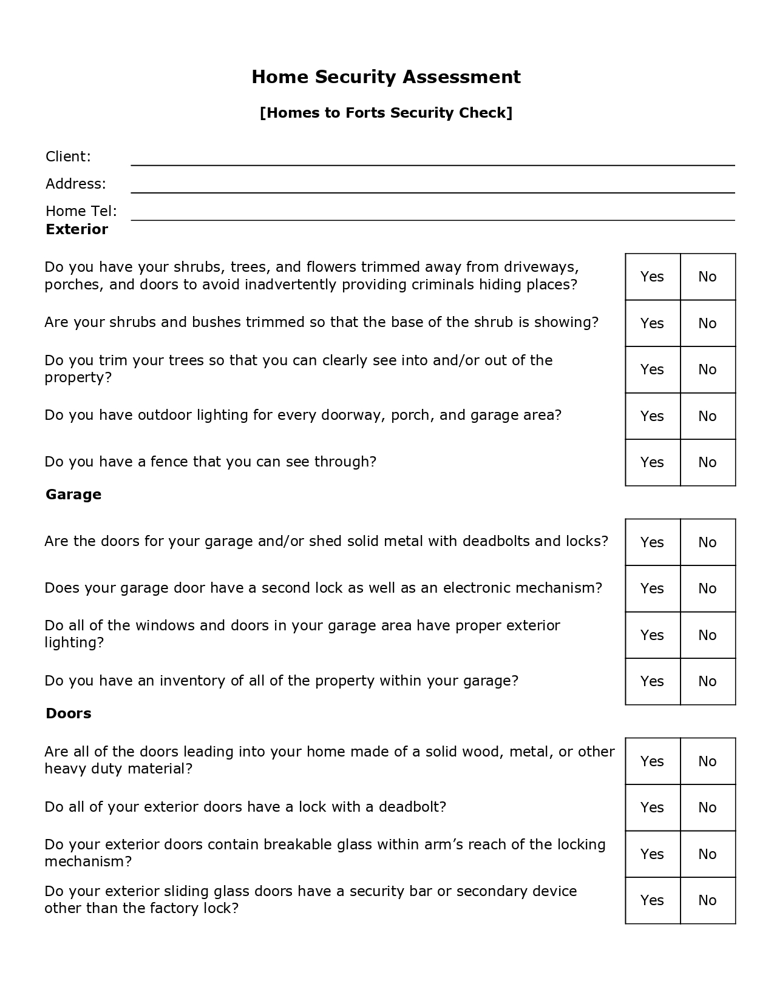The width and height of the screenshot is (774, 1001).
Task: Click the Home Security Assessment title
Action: point(386,77)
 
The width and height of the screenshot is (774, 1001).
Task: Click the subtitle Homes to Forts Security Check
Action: point(386,113)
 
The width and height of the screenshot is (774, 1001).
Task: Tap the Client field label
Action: point(68,157)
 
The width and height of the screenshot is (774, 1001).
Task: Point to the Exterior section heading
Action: point(76,229)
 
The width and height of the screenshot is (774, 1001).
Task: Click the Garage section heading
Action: point(73,494)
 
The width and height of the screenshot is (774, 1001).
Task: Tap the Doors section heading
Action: point(69,713)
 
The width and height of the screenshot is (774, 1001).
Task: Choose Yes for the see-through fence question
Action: point(652,462)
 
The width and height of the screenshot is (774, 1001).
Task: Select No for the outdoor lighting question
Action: point(707,416)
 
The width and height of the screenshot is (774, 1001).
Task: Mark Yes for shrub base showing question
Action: point(652,323)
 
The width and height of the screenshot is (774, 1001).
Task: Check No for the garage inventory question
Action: point(707,681)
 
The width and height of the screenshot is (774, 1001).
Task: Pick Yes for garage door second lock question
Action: point(652,588)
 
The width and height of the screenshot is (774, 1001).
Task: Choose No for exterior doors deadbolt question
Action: point(707,807)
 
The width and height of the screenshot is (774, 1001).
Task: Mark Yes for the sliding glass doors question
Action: point(652,900)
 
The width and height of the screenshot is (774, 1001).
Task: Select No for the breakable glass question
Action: point(707,854)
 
